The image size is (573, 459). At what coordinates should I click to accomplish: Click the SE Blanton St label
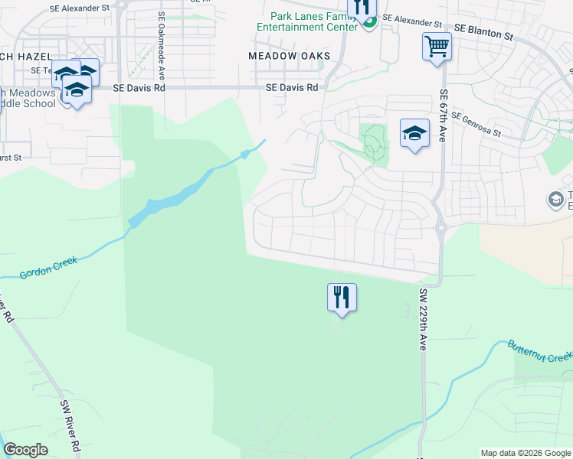483,30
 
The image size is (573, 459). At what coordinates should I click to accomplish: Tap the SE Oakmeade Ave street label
162,47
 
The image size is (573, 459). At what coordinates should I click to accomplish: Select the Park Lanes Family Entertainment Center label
314,21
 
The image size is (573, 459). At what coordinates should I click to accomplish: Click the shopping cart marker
437,47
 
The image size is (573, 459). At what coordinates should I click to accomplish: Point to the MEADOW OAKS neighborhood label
290,56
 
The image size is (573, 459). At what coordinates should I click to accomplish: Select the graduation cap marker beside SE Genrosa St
414,134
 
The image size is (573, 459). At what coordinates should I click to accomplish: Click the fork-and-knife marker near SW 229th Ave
342,297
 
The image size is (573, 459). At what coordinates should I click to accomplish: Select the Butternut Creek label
539,351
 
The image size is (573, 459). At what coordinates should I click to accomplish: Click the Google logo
25,450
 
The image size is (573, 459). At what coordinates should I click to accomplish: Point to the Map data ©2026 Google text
526,453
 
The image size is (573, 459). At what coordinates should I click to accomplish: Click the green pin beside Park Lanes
369,23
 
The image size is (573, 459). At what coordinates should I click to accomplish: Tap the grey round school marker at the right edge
555,200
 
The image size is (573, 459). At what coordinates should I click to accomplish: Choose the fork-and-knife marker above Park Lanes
362,8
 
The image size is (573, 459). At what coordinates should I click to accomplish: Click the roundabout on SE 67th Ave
441,226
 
